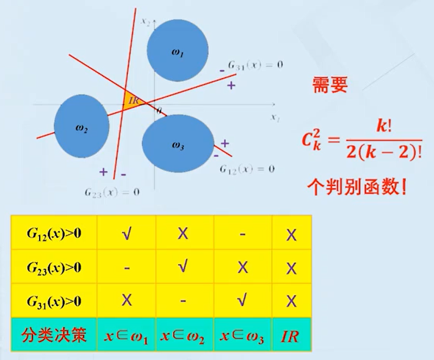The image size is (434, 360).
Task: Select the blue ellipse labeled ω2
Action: tap(82, 127)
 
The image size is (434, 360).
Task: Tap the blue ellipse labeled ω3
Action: tap(178, 144)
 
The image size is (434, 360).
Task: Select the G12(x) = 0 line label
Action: tap(247, 169)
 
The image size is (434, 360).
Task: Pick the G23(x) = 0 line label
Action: tap(112, 192)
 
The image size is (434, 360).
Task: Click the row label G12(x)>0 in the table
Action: tap(54, 233)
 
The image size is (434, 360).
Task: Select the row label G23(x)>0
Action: tap(54, 267)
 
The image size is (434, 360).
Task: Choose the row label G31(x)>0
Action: tap(54, 302)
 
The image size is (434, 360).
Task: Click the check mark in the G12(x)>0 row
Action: tap(126, 233)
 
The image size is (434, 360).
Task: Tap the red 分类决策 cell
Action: tap(54, 336)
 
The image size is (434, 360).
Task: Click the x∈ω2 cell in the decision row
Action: tap(185, 336)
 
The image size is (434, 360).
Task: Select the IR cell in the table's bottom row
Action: tap(291, 336)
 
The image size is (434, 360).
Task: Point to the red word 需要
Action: tap(330, 86)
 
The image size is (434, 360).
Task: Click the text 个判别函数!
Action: tap(356, 186)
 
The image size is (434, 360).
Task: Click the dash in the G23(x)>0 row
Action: tap(126, 268)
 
